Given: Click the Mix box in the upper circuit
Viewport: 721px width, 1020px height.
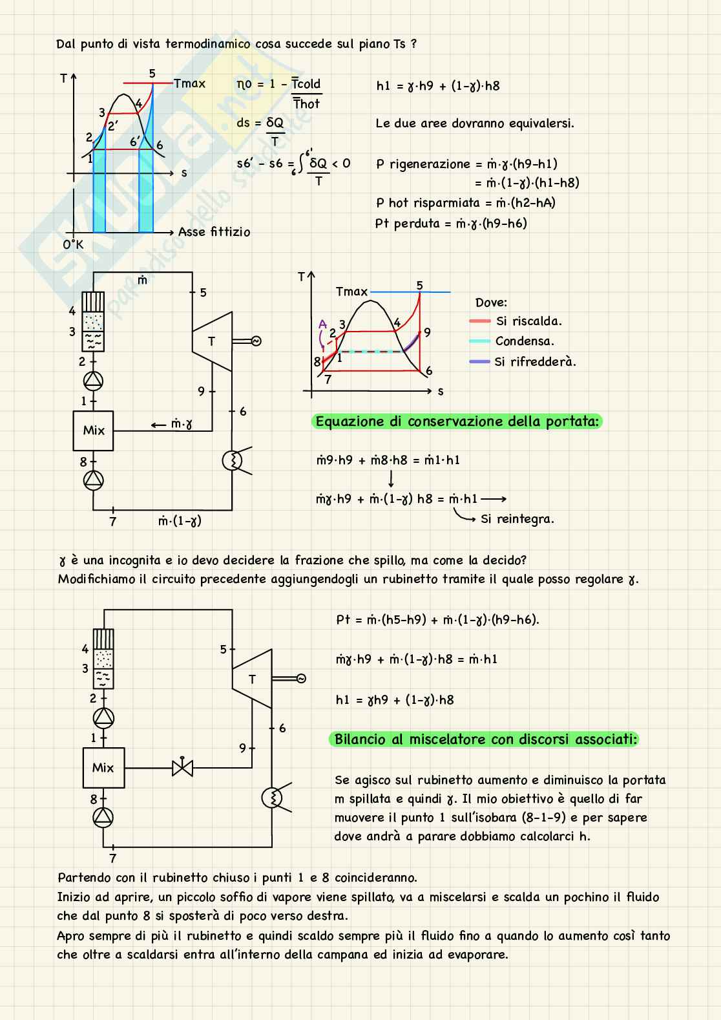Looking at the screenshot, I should point(93,430).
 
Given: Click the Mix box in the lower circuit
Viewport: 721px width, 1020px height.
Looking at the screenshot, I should point(103,767).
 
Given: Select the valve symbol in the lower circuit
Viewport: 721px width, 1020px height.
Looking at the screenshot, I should point(182,768).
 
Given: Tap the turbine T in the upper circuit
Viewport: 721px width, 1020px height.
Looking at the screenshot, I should point(212,341).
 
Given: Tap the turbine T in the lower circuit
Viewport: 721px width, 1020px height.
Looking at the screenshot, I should point(252,679).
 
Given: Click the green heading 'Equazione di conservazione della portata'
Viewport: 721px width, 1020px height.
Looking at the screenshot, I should point(457,422).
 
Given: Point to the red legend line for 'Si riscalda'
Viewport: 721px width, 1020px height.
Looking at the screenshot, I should point(480,321).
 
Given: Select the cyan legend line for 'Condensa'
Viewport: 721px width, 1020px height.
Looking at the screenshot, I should point(480,341).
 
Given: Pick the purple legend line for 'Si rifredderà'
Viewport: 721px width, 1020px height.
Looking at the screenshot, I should point(480,362).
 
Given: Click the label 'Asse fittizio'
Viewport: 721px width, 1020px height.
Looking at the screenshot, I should point(214,232).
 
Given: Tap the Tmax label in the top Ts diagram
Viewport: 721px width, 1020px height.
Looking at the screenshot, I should point(189,83).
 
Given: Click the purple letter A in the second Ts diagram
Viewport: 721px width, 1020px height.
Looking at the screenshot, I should point(322,324).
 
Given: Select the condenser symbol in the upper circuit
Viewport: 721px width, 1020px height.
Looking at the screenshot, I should point(232,460).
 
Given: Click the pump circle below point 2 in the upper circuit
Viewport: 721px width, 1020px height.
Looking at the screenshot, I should point(93,381).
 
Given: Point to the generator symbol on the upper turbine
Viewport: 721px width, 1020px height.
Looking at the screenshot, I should point(256,341).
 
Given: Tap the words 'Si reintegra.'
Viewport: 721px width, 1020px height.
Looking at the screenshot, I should point(517,519).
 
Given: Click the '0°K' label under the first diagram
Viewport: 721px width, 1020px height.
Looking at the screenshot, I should point(73,245).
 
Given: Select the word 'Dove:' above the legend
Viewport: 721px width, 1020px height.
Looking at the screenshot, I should point(491,303).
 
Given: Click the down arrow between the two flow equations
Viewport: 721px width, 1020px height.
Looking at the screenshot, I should point(392,480).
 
